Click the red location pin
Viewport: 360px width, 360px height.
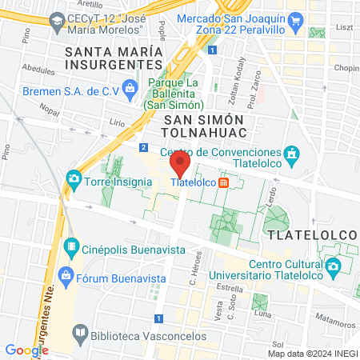(x=180, y=165)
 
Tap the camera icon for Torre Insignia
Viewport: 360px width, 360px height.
(x=74, y=177)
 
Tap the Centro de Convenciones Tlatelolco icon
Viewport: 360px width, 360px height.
(x=293, y=152)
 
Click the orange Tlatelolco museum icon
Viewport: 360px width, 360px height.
(x=224, y=182)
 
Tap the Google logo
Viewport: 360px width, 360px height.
(x=26, y=350)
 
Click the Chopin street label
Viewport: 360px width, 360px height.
(x=342, y=68)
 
